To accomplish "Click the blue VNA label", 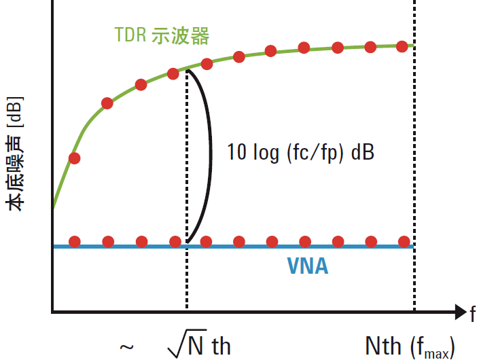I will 307,266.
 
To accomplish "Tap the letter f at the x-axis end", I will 472,313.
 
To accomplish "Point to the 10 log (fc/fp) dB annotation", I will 300,152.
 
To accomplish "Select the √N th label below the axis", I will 198,346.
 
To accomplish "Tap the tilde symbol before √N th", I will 126,347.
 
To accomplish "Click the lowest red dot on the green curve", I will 75,158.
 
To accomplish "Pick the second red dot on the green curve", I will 107,103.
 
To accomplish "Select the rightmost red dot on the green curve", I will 402,46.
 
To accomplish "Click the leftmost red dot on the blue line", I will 75,241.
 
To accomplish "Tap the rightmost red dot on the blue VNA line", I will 404,241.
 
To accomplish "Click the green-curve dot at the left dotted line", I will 173,73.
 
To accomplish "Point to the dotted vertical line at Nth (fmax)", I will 414,170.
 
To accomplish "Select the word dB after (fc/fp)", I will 362,152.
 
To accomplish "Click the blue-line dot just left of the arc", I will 175,241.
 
